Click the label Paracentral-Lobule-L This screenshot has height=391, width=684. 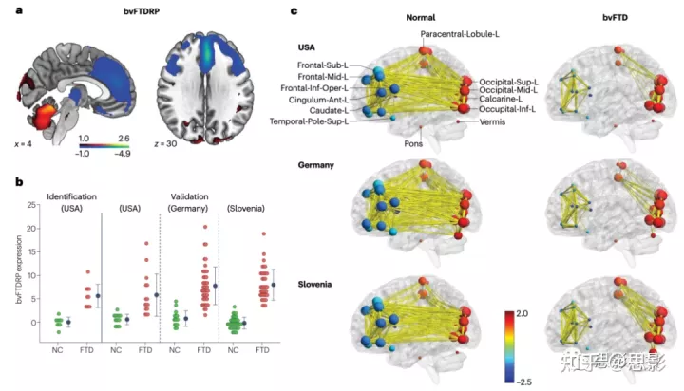click(459, 35)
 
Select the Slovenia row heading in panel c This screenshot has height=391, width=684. click(318, 284)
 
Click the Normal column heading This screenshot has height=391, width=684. click(422, 18)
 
